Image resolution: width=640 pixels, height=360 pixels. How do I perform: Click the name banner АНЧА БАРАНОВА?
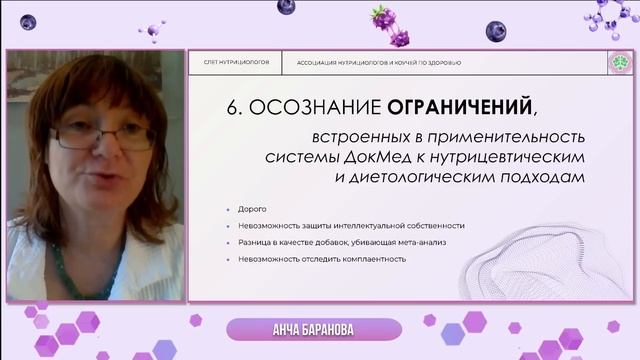point(314,330)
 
